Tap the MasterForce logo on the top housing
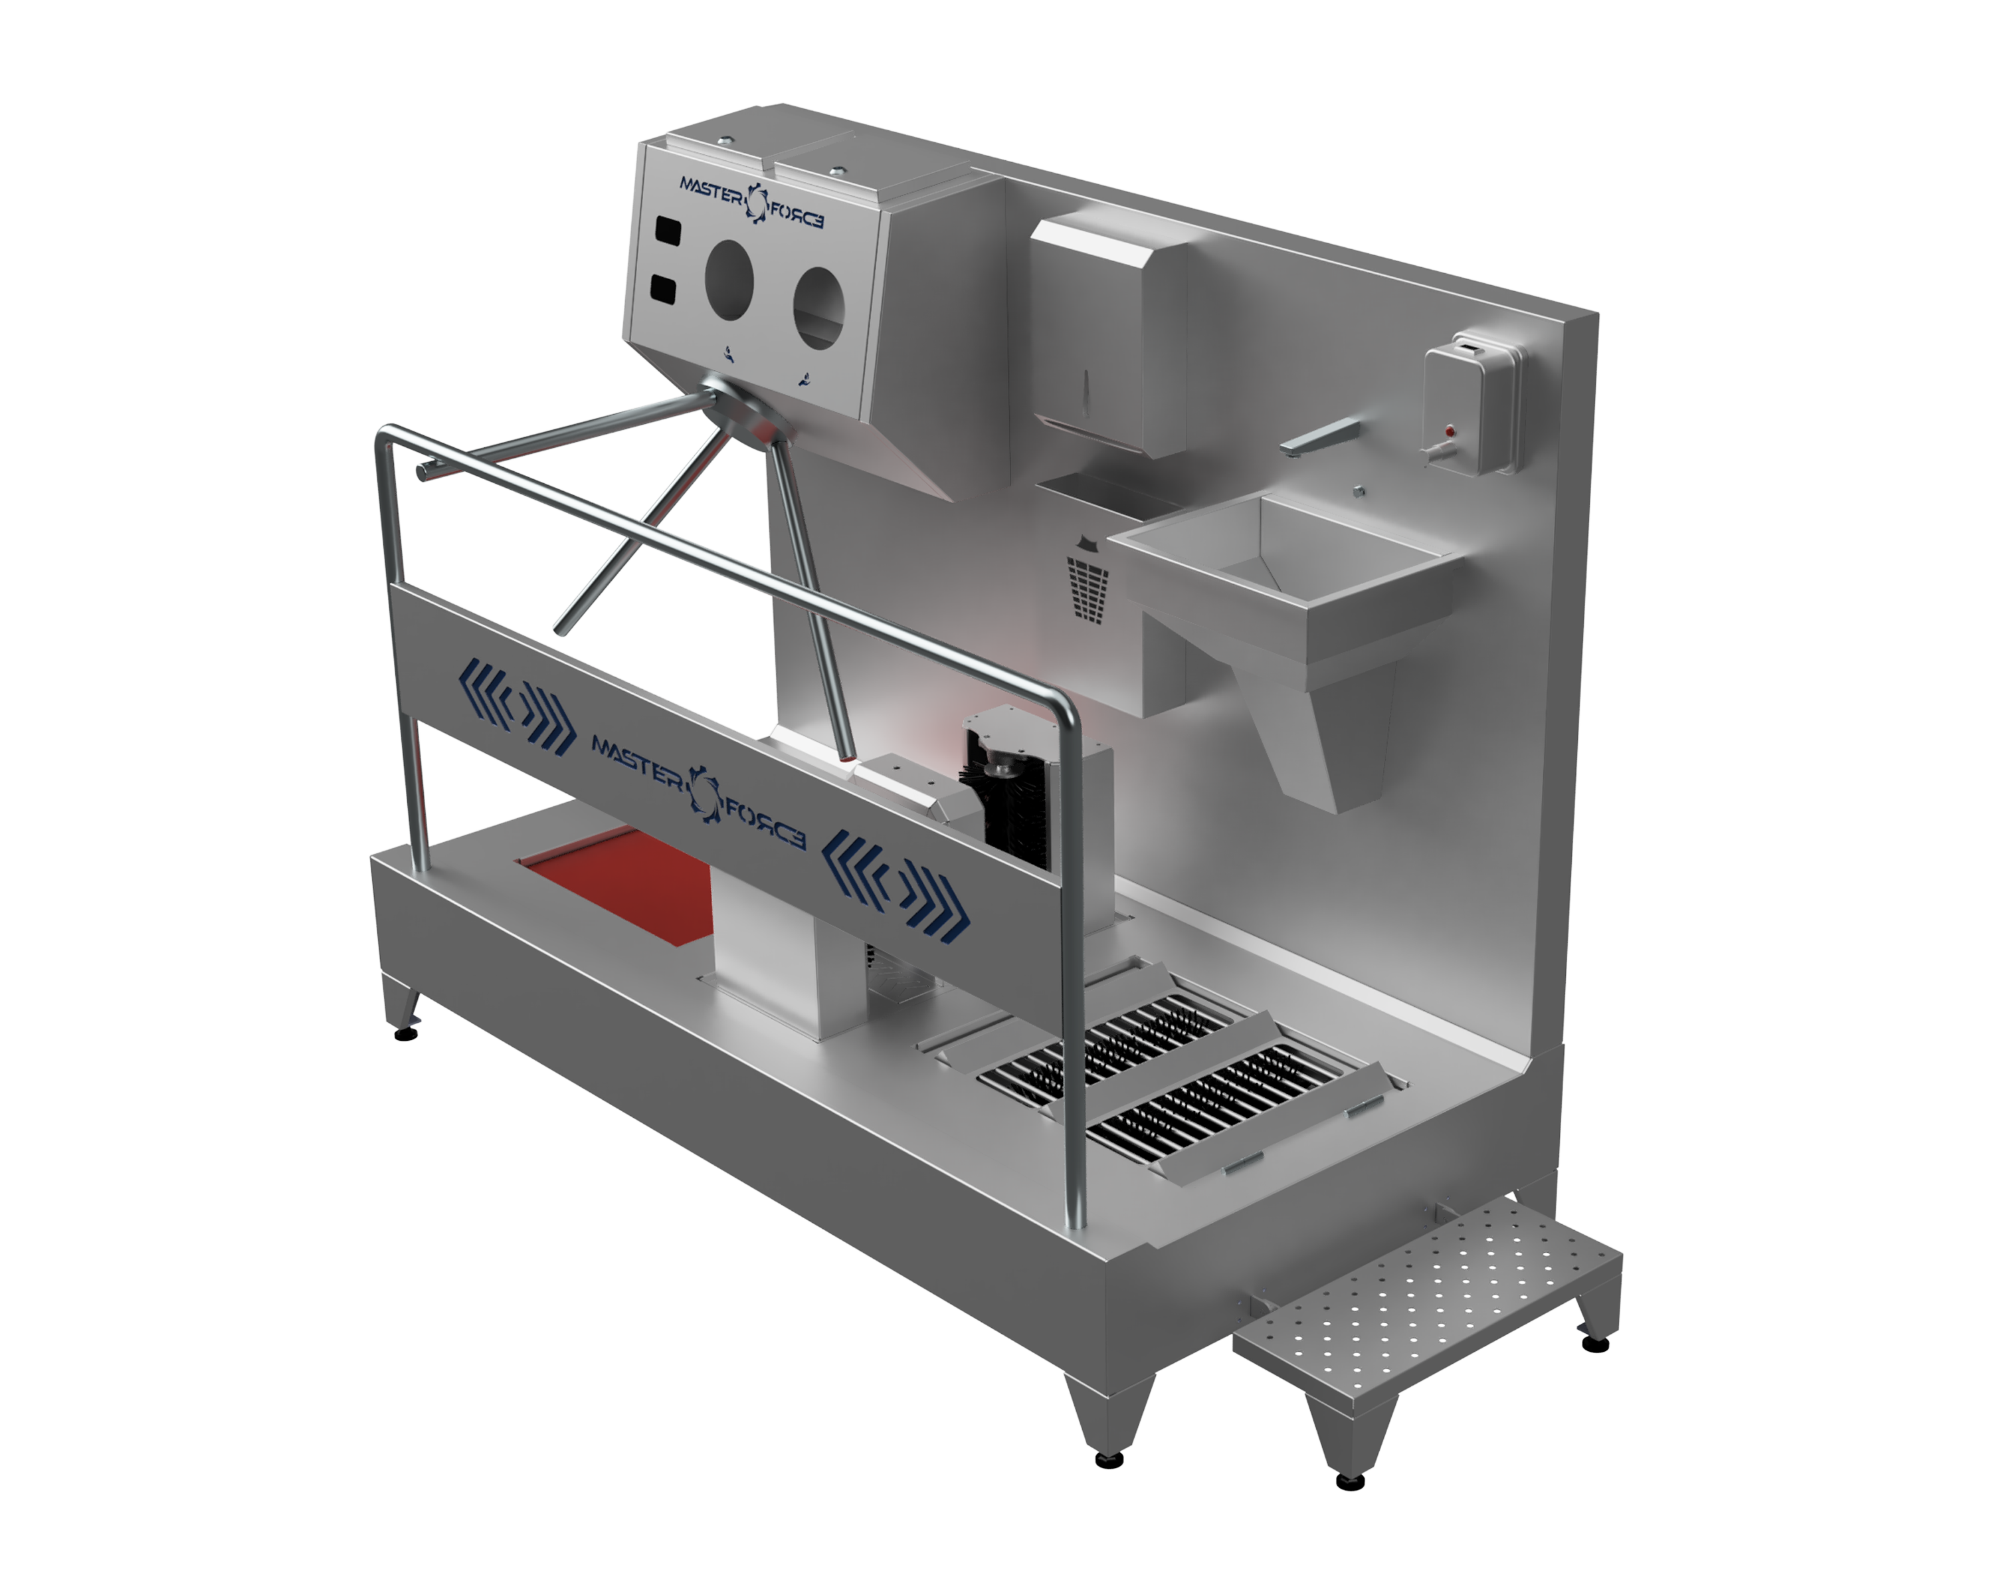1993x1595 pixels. (x=751, y=201)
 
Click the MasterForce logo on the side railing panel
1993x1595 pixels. (x=698, y=788)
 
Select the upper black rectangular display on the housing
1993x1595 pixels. (x=668, y=229)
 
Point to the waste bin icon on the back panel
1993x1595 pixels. (x=1088, y=579)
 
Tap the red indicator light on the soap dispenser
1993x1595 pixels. (x=1448, y=430)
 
